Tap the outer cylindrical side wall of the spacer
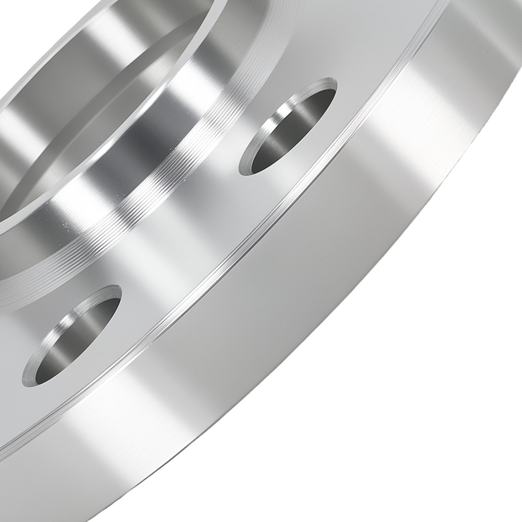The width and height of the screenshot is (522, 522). point(313,313)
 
